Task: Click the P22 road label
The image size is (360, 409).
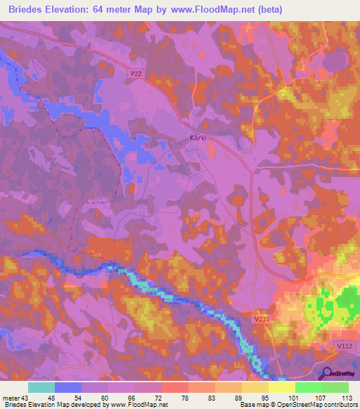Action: click(x=136, y=72)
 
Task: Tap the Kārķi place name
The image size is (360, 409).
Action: click(x=198, y=138)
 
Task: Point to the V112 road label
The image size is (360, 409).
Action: click(x=344, y=346)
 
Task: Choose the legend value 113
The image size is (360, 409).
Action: click(x=345, y=397)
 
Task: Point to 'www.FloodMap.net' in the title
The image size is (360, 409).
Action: click(x=264, y=10)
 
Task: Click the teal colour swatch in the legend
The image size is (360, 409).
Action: click(x=41, y=387)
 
